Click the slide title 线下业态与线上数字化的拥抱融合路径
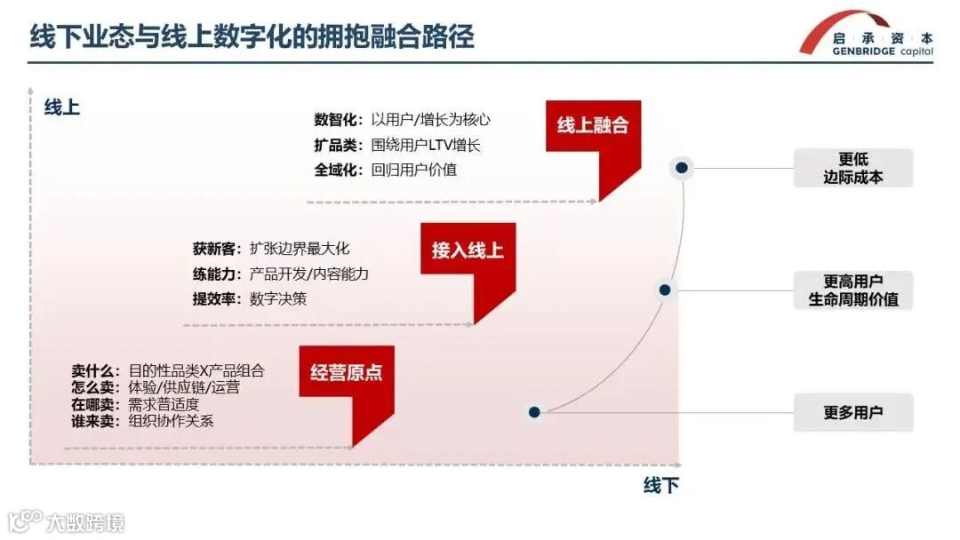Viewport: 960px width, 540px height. [252, 36]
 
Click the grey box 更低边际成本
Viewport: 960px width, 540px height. [852, 168]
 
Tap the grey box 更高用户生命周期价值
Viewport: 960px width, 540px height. [852, 290]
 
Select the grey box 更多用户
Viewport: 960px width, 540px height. [852, 412]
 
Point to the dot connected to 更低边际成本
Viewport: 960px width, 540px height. [681, 167]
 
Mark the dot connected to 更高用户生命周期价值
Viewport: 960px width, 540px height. [664, 290]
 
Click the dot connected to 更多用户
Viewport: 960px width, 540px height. [534, 412]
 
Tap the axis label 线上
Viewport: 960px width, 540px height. [62, 108]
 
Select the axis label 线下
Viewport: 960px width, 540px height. [660, 485]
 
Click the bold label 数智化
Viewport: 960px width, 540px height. [338, 120]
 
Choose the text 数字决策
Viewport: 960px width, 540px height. [278, 298]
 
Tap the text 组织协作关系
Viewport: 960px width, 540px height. [172, 421]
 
